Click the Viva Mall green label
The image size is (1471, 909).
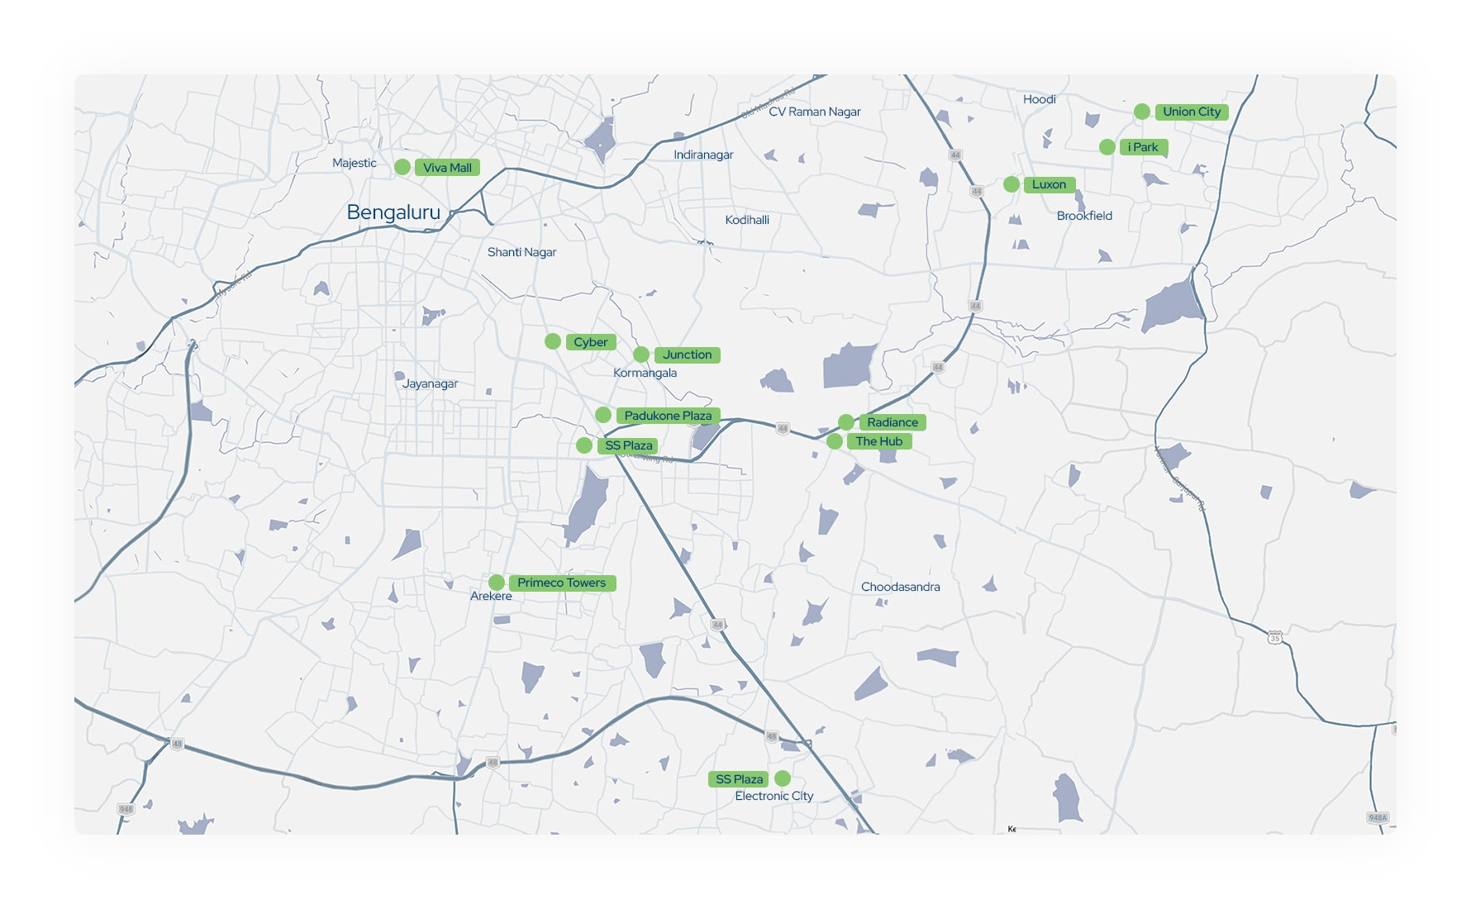(447, 168)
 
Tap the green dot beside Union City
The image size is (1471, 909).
(1141, 112)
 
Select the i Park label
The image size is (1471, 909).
(1144, 147)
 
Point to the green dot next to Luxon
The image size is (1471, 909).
(1012, 184)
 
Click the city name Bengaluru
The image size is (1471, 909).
(393, 212)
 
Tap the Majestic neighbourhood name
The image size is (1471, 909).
(355, 163)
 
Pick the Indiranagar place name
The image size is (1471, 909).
(703, 155)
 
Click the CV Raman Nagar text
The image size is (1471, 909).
(814, 112)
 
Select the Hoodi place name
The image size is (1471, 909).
(1040, 99)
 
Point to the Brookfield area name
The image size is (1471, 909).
(1084, 216)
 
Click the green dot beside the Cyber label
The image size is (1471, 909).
(553, 341)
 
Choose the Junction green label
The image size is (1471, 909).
(687, 355)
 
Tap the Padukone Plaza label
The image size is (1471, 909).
(668, 416)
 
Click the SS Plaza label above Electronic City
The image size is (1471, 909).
(739, 779)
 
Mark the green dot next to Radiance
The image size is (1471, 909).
(846, 422)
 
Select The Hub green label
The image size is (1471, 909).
(879, 441)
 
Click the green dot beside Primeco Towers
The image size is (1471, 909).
(497, 583)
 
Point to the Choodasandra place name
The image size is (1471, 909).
(900, 587)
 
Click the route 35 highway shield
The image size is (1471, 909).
(1275, 638)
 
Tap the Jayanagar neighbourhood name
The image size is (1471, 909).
(430, 383)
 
